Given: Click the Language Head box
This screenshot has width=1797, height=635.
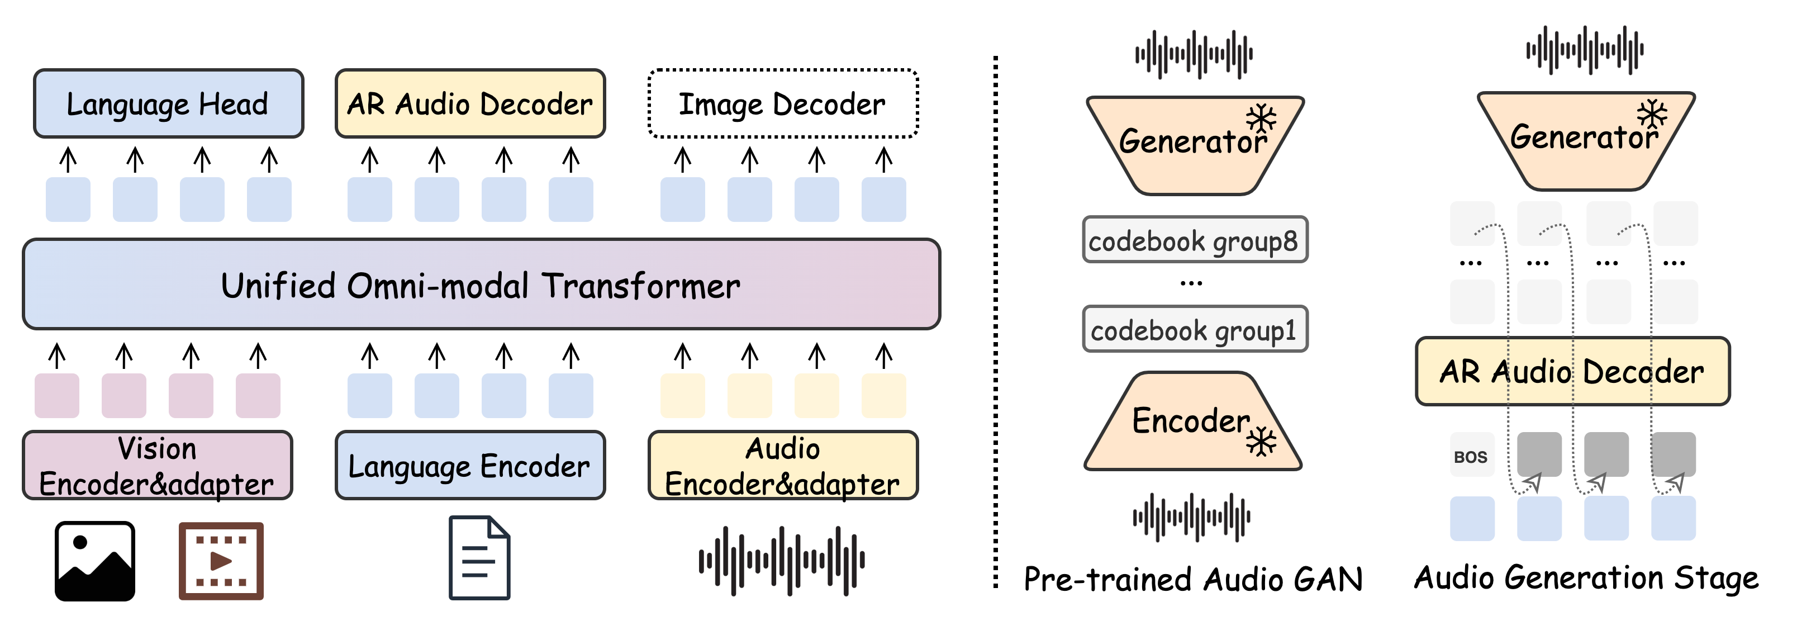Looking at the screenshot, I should click(x=168, y=104).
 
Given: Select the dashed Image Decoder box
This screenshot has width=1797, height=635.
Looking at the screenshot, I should click(x=783, y=104).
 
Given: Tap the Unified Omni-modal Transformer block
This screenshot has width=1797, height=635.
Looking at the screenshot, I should click(x=481, y=285).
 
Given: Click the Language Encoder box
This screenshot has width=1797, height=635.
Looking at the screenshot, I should click(x=469, y=466).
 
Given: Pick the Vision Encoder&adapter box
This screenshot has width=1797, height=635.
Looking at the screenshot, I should click(x=157, y=466).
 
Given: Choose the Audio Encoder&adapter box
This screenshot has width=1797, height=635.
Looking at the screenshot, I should click(x=783, y=466).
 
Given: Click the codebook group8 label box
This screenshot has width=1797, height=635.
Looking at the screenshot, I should click(x=1194, y=240).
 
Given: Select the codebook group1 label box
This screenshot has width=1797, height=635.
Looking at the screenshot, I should click(x=1194, y=329).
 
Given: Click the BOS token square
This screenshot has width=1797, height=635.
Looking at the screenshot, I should click(x=1471, y=456).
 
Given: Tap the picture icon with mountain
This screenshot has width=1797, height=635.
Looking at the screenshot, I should click(x=95, y=561).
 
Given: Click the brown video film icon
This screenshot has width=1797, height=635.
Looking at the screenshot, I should click(x=221, y=561).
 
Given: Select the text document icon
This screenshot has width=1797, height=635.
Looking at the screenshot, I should click(x=479, y=557).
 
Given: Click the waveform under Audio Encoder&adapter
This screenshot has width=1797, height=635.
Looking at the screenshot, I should click(x=782, y=561).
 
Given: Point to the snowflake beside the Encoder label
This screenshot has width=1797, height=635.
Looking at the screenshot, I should click(x=1261, y=442).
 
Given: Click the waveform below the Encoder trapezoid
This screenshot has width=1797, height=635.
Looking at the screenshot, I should click(x=1191, y=517).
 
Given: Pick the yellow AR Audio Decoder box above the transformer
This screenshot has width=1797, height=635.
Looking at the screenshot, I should click(x=469, y=104).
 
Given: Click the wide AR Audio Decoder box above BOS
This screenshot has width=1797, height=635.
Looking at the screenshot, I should click(x=1572, y=371).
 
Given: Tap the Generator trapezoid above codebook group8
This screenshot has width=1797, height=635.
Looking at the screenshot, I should click(x=1193, y=143).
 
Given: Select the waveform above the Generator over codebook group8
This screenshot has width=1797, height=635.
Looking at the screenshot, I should click(x=1194, y=54).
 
